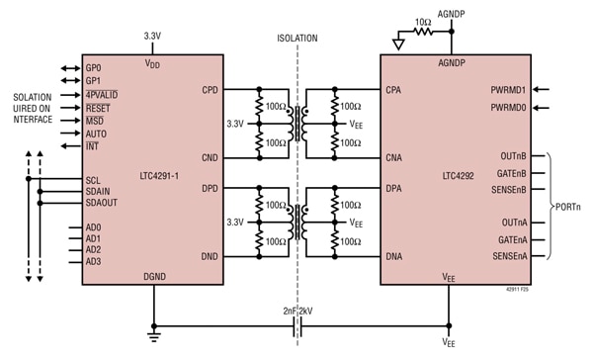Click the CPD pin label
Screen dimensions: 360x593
coord(209,88)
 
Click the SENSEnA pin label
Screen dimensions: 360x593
coord(506,257)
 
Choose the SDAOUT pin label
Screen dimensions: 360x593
coord(103,203)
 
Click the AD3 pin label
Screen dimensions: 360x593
coord(93,261)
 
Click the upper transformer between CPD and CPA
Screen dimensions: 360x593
coord(296,123)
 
